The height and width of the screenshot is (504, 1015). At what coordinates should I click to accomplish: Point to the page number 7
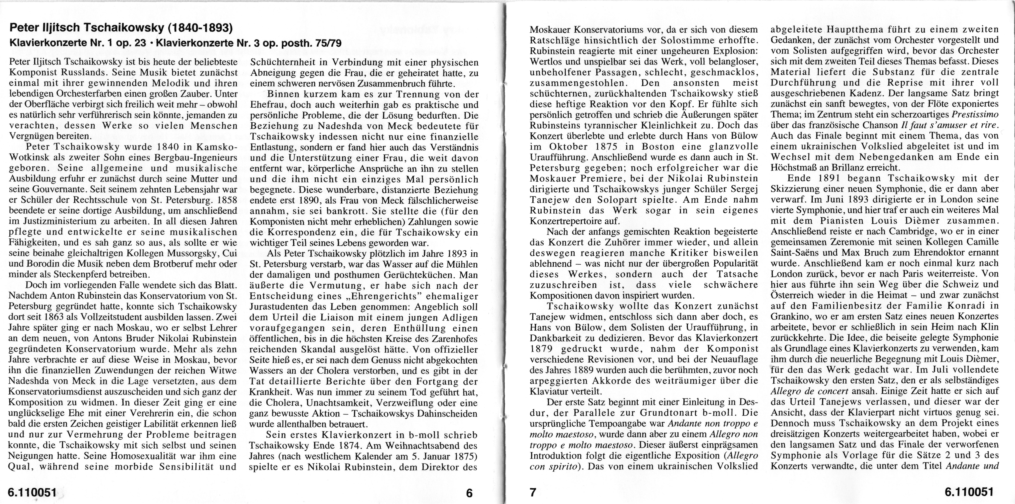(x=533, y=493)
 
